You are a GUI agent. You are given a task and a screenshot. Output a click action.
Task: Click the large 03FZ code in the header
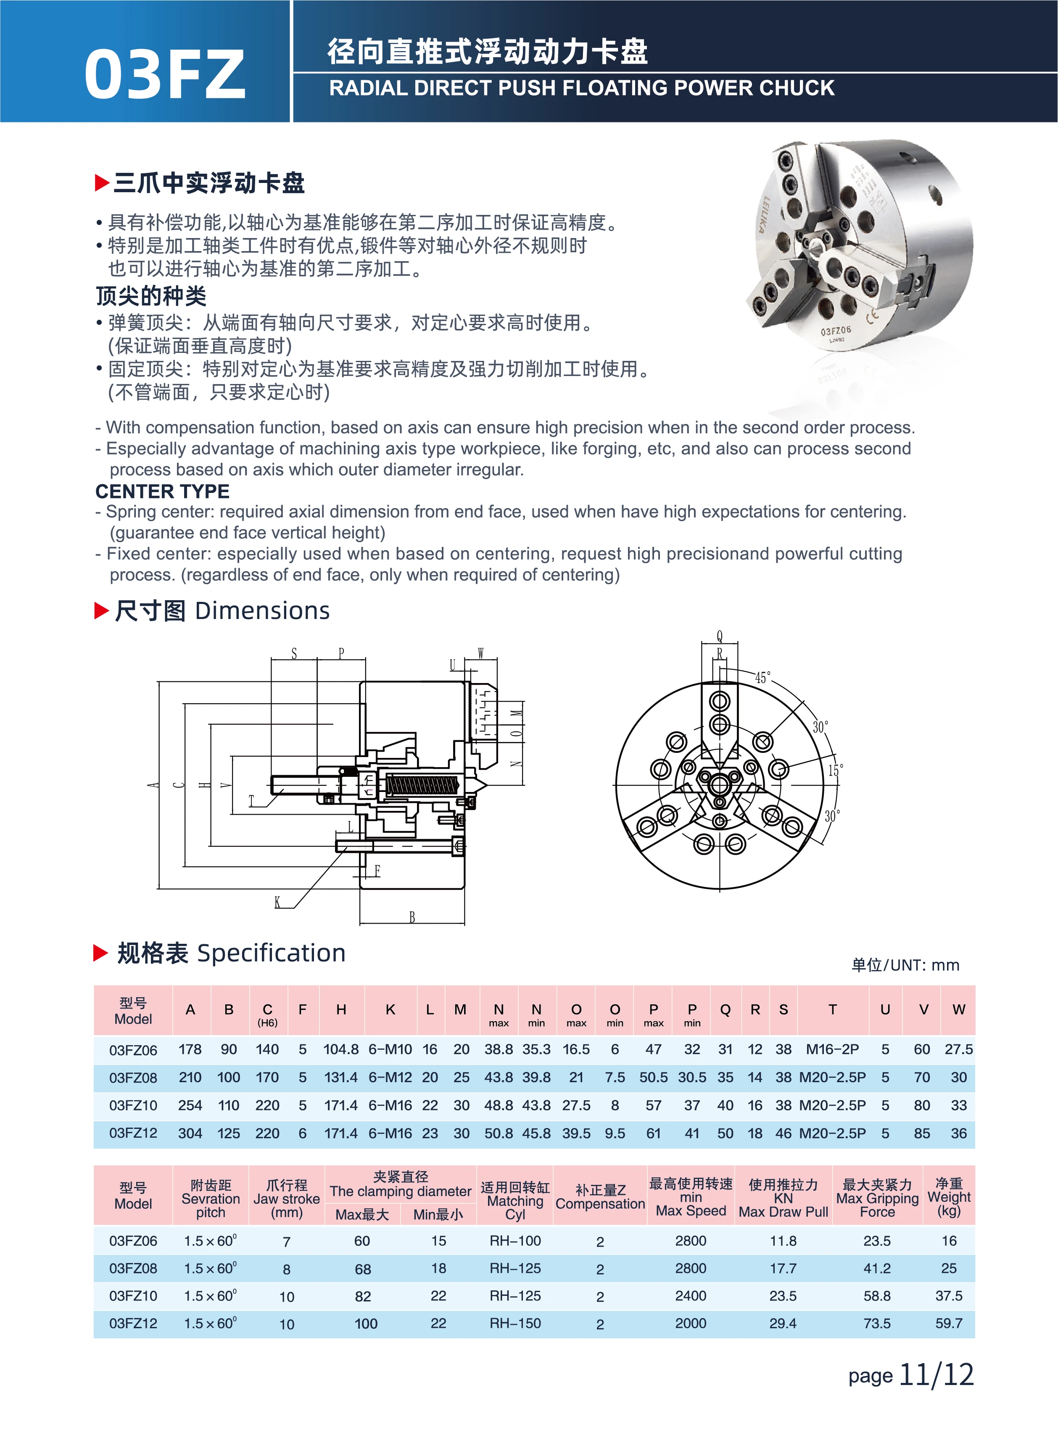(165, 74)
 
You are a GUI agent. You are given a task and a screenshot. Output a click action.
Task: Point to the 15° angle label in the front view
(835, 770)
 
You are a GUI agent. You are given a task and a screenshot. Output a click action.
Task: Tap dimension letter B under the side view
(412, 917)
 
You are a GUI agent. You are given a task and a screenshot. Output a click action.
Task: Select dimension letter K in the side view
(277, 902)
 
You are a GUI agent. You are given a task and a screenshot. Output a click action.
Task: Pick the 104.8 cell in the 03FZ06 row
(341, 1049)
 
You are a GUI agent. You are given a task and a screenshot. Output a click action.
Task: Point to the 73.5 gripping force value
(877, 1323)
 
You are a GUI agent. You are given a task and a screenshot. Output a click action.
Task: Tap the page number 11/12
(937, 1375)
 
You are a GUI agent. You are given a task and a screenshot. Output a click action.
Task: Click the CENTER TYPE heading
(162, 491)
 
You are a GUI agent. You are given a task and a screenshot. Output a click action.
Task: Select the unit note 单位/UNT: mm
(905, 965)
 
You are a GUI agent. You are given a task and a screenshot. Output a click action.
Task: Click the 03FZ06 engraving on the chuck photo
(836, 331)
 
